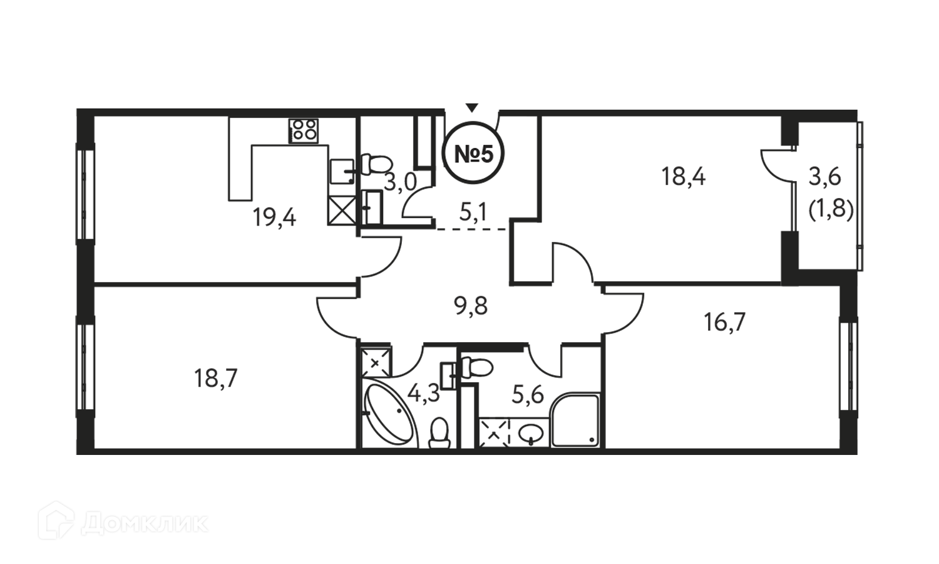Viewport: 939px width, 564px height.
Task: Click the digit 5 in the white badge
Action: [x=486, y=154]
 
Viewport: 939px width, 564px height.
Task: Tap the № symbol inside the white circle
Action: [x=466, y=154]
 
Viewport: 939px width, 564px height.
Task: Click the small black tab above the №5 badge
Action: [x=478, y=106]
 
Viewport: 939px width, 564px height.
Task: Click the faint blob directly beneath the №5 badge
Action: [x=473, y=208]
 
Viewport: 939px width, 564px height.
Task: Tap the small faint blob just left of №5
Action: [x=401, y=183]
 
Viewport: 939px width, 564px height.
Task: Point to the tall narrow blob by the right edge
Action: [x=827, y=194]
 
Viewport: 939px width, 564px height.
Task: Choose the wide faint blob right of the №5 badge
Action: [x=673, y=187]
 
